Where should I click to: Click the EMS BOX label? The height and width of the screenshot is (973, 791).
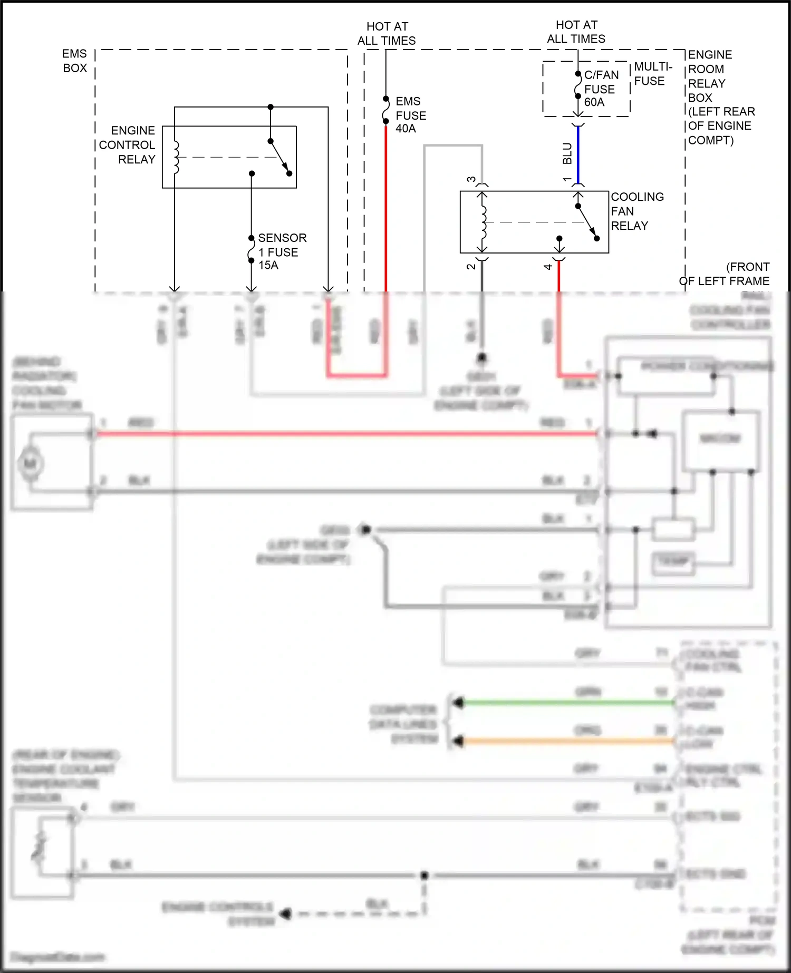coord(74,61)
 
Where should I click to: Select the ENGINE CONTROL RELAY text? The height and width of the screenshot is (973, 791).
coord(128,145)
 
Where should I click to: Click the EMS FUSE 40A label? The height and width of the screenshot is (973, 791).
coord(410,115)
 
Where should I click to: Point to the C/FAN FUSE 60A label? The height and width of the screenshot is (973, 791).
coord(601,89)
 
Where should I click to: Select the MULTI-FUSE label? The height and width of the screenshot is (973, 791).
coord(652,74)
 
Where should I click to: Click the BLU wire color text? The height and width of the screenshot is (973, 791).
coord(567,153)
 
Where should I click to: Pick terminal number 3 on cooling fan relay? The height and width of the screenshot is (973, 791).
coord(471,180)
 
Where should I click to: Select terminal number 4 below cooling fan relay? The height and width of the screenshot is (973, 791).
coord(548,267)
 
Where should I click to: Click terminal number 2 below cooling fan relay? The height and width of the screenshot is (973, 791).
coord(471,267)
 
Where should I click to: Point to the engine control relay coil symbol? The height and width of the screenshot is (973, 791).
coord(176,157)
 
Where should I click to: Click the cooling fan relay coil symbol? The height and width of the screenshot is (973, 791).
coord(483,222)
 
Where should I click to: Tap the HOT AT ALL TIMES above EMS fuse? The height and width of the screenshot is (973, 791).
coord(387,33)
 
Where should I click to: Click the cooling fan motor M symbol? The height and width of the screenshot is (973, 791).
coord(31,464)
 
